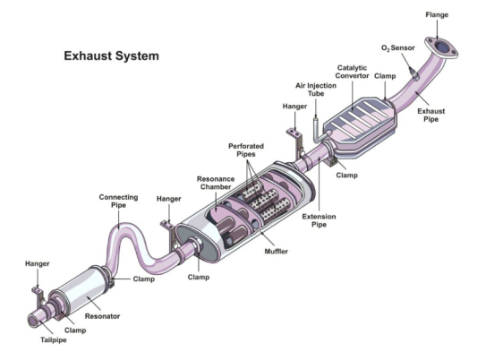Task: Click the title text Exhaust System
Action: click(x=111, y=56)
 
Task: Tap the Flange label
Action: click(x=437, y=14)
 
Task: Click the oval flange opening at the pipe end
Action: click(x=442, y=47)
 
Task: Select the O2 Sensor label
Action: click(x=397, y=48)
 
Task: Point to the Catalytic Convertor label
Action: click(x=352, y=72)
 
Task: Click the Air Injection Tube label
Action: click(x=316, y=90)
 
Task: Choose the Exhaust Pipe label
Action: click(x=431, y=116)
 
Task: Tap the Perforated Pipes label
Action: click(x=246, y=150)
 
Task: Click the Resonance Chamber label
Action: click(x=216, y=183)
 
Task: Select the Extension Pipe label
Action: click(x=319, y=220)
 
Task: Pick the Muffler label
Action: click(x=276, y=252)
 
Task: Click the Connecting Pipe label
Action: click(x=118, y=201)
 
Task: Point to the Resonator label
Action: click(x=102, y=316)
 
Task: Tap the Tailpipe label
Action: click(x=54, y=339)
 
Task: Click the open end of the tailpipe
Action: click(x=33, y=321)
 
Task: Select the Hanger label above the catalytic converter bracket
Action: click(x=294, y=107)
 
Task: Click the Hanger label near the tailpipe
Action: click(x=38, y=264)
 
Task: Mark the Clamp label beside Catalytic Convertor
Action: click(x=385, y=76)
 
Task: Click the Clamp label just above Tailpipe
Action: click(x=75, y=330)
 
